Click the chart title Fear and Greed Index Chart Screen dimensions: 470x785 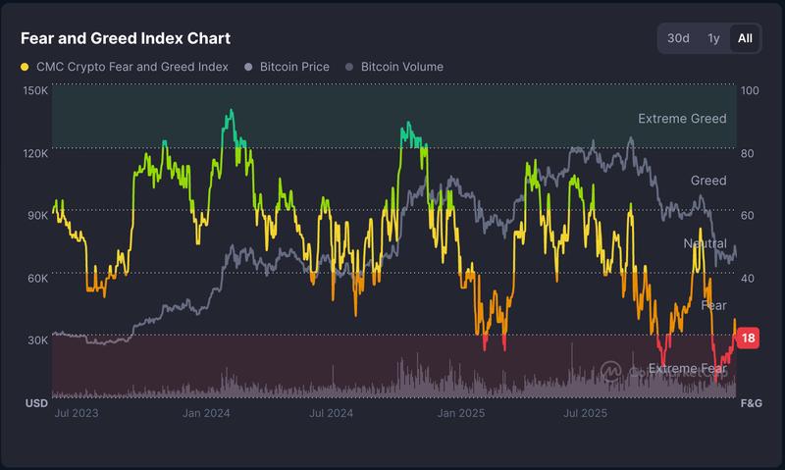[126, 38]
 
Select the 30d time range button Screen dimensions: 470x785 [678, 38]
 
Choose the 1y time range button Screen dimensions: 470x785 [713, 38]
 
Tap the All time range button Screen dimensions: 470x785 [745, 38]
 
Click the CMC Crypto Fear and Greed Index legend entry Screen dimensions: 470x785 [125, 67]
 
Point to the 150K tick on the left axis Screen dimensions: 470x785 [35, 90]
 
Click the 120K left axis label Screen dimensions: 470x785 [35, 153]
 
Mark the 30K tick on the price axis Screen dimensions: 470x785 [36, 340]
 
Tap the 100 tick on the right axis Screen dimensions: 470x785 [750, 90]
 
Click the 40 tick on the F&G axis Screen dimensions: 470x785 [747, 279]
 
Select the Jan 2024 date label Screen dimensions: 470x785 [206, 414]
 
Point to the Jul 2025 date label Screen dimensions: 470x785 [583, 414]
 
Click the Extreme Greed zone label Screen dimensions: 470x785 [682, 119]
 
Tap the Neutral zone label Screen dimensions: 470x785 [705, 243]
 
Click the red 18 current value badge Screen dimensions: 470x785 [748, 339]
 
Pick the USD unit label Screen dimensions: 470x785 [36, 403]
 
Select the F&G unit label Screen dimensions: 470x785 [751, 403]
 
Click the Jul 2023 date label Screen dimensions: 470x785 [75, 414]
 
